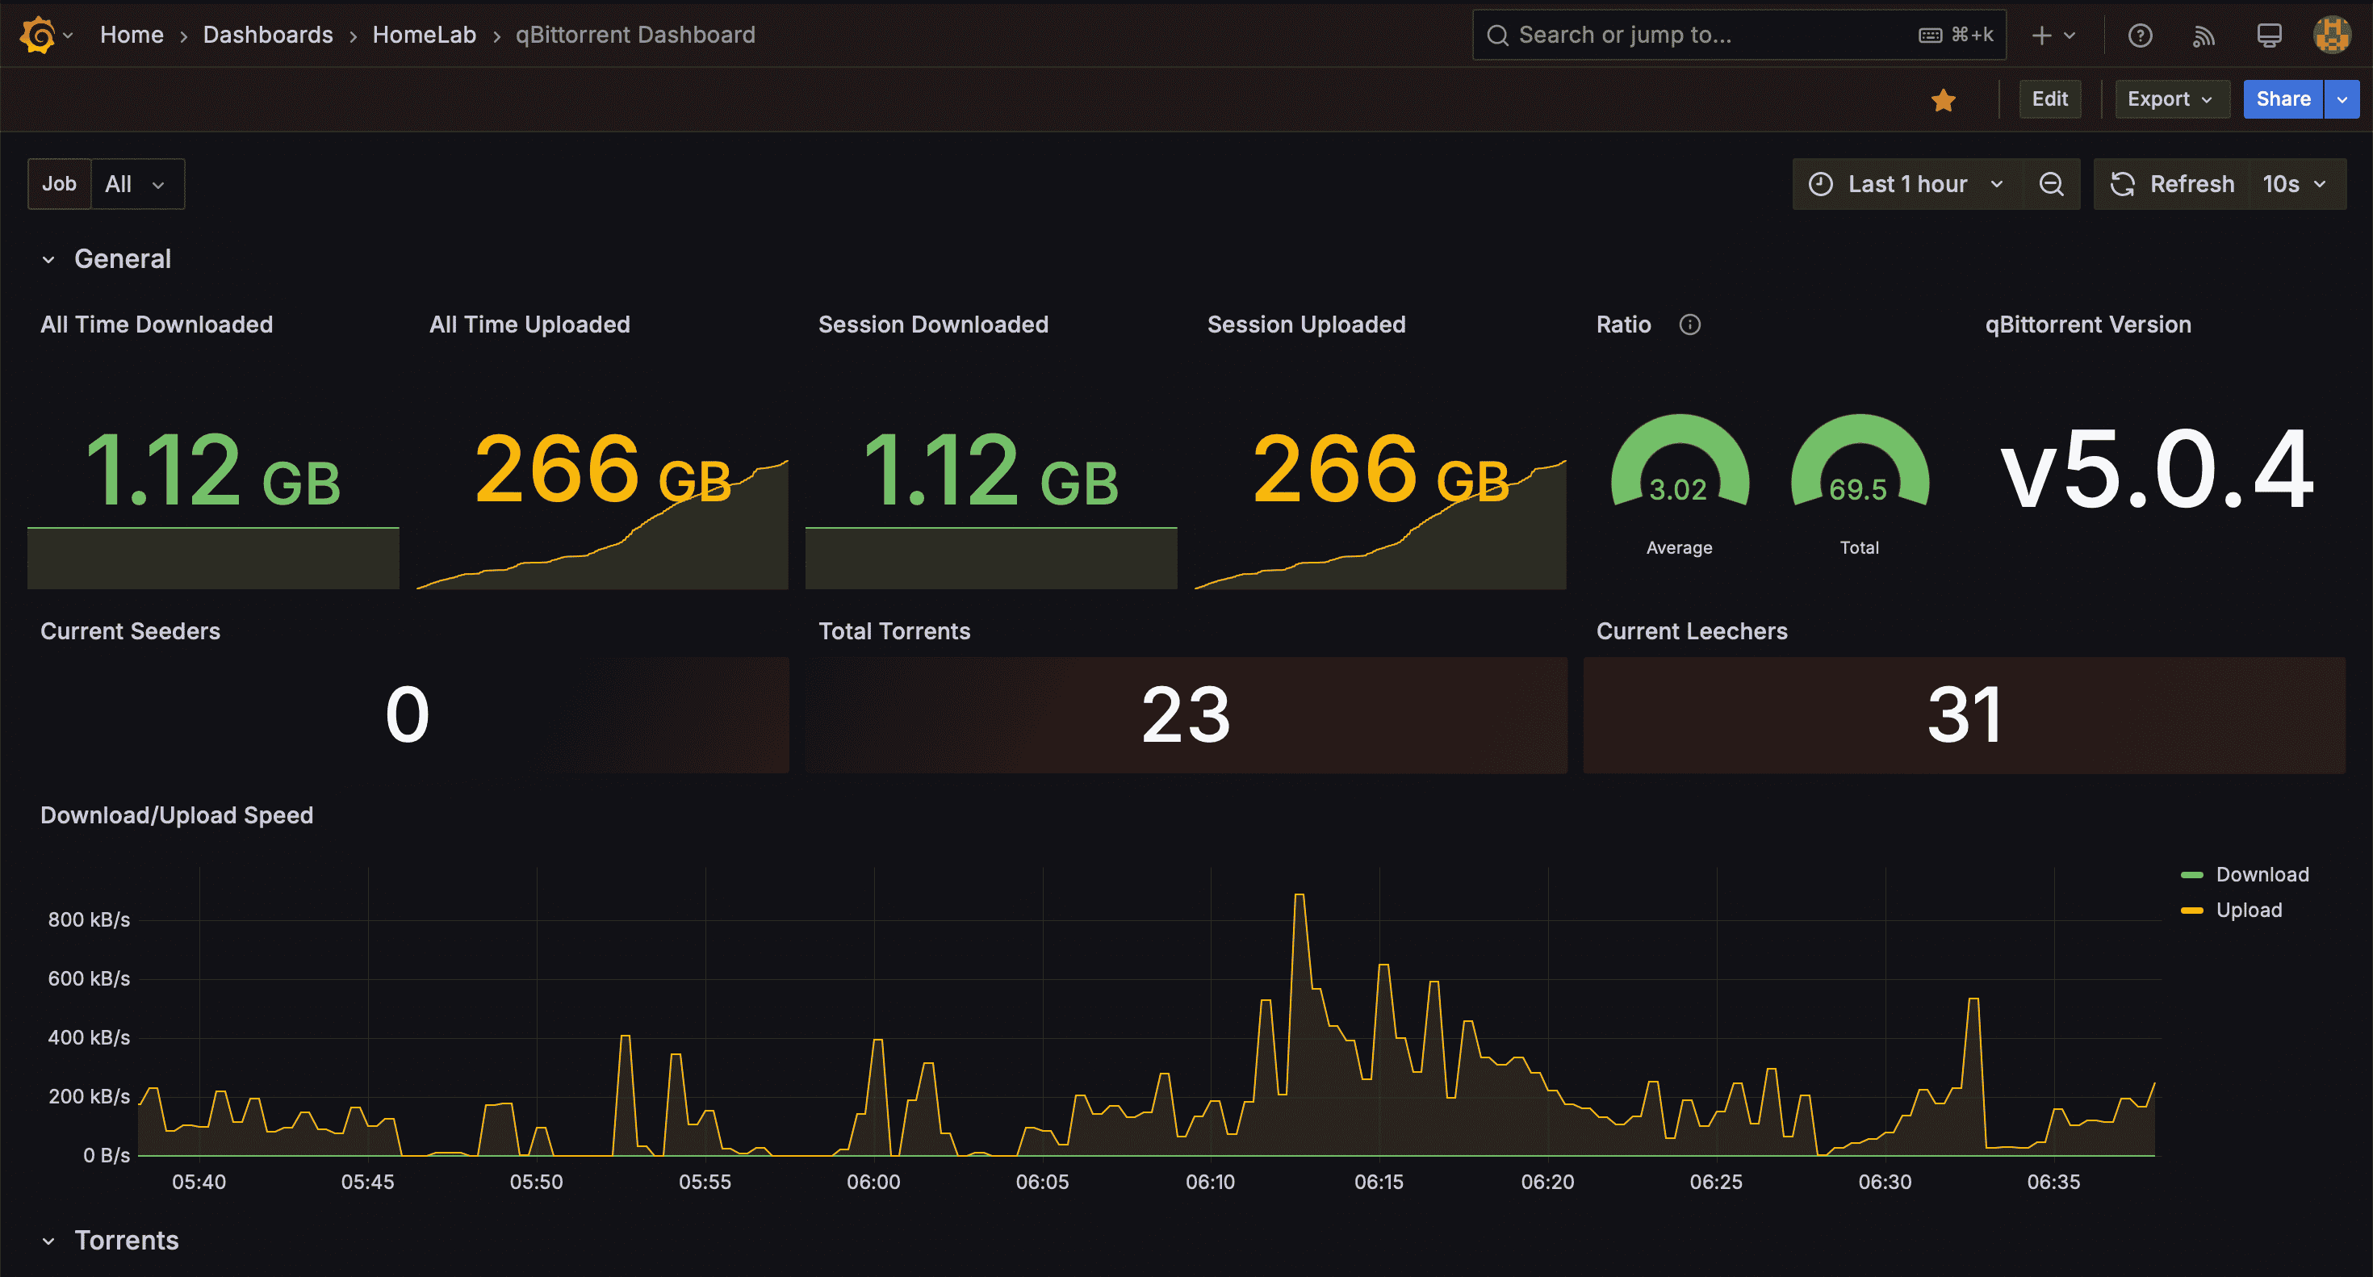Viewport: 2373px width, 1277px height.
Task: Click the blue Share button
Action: (x=2283, y=98)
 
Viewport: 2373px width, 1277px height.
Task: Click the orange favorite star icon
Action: (x=1943, y=99)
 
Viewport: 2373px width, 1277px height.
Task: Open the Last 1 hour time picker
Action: (x=1906, y=184)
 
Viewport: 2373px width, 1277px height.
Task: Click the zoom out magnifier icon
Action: (x=2051, y=184)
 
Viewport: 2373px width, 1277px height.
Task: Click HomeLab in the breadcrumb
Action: (x=424, y=35)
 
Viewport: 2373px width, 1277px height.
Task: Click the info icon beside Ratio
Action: (x=1689, y=324)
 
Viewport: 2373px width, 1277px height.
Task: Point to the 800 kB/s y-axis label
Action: (x=89, y=919)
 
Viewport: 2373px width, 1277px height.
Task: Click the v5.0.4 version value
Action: (x=2157, y=470)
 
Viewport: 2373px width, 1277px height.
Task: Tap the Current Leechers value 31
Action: (x=1964, y=715)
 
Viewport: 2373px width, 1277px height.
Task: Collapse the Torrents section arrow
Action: (x=48, y=1241)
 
